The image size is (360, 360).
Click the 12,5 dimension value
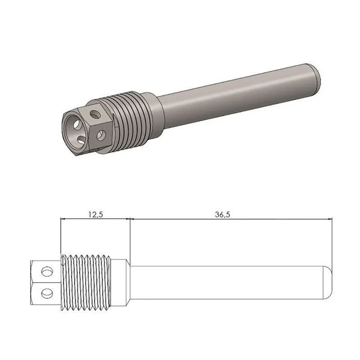95,215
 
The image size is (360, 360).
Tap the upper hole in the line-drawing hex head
46,271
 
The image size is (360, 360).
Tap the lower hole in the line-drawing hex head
46,294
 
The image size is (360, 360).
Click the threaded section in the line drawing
92,282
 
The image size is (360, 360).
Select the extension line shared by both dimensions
130,238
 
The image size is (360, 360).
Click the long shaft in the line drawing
225,282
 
